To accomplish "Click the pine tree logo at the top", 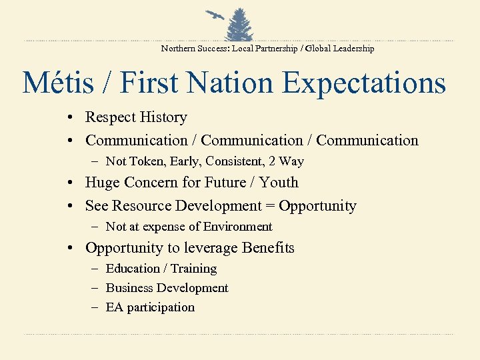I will pos(239,25).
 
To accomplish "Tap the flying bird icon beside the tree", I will pos(215,16).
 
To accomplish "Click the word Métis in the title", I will pos(59,84).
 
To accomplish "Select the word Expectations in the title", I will pos(363,84).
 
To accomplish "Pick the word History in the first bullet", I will pos(163,117).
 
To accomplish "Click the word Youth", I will pos(279,183).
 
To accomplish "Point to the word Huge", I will pos(103,183).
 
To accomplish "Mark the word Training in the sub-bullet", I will pos(194,269).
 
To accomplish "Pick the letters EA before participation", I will pos(114,307).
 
